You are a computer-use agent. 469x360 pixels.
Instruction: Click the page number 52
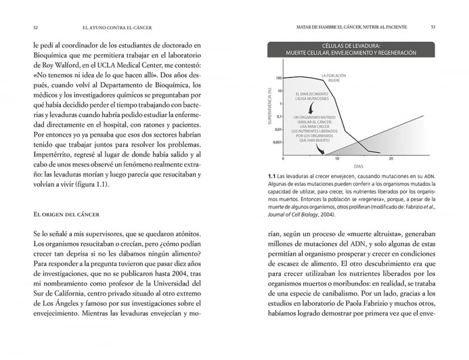pos(36,28)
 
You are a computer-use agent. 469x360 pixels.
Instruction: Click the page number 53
pos(433,27)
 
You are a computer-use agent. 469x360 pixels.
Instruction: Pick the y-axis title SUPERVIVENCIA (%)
pos(271,109)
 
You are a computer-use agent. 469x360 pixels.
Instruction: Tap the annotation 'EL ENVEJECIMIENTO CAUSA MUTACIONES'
pos(311,96)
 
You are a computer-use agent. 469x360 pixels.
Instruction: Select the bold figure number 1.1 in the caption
pos(271,176)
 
